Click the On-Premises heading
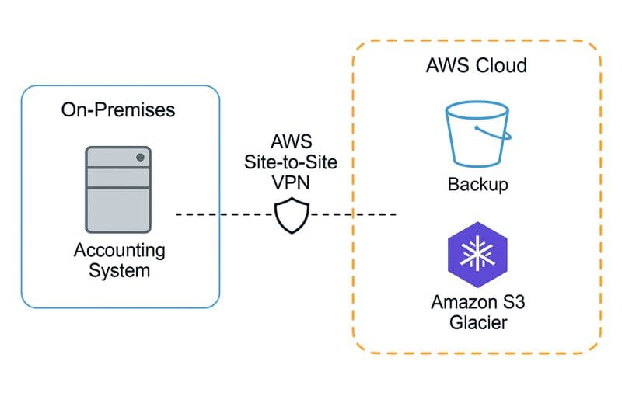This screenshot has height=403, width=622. point(118,109)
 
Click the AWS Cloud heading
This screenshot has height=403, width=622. point(476,64)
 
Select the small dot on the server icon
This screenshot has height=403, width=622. point(141,158)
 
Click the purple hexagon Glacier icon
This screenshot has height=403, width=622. point(477,255)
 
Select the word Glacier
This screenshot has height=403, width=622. point(477,321)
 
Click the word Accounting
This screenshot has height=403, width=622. point(119,251)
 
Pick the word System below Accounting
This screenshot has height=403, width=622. point(119,271)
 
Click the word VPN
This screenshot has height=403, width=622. point(292,182)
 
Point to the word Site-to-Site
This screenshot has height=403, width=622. point(292,163)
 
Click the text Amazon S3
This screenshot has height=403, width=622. point(477,302)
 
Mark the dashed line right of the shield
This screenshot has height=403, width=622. point(355,214)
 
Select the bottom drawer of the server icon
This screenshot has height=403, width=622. point(118,215)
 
